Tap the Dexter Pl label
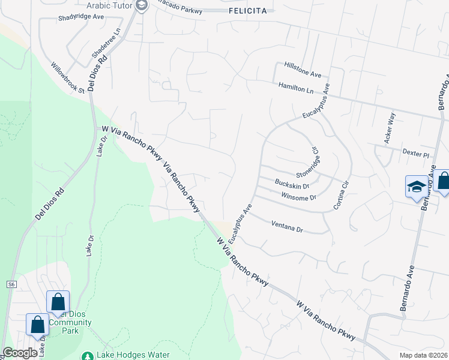click(416, 154)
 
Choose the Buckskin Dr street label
click(292, 184)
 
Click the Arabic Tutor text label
click(110, 5)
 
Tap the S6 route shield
click(11, 283)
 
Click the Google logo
click(20, 353)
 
